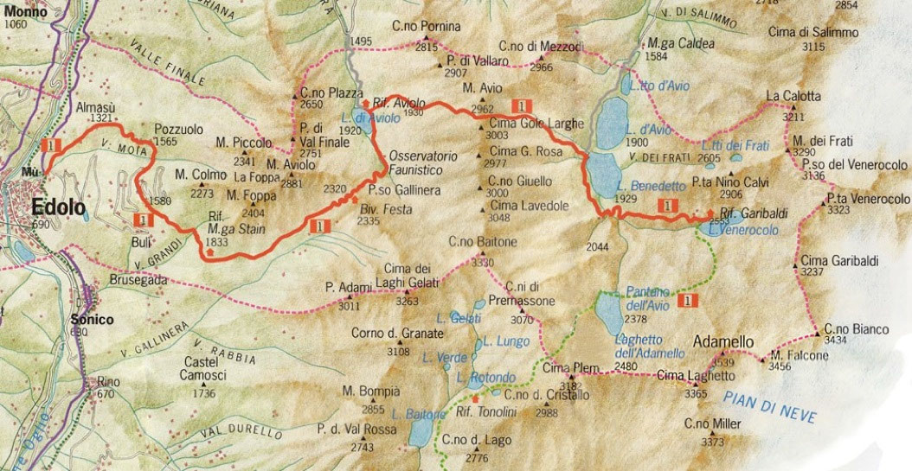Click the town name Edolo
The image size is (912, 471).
click(x=59, y=207)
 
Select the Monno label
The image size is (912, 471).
click(x=20, y=12)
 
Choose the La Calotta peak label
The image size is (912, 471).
click(x=793, y=96)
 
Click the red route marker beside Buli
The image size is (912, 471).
click(x=145, y=220)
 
